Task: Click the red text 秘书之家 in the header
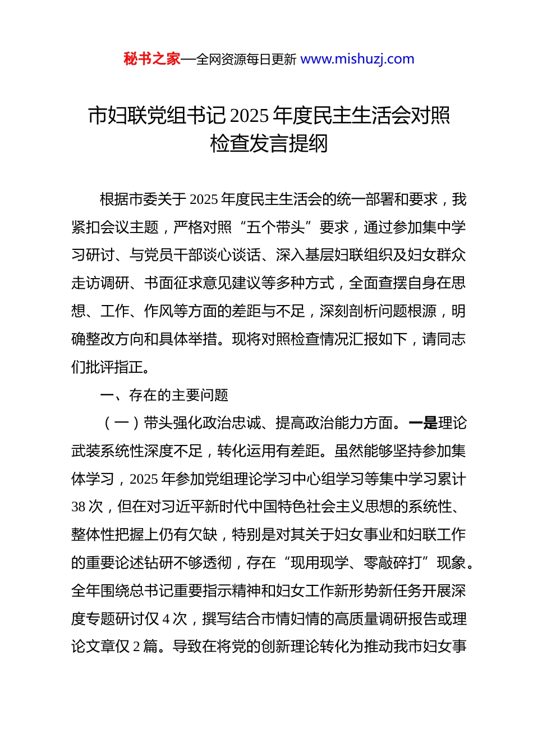152,59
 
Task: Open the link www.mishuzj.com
357,59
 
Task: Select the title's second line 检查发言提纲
269,144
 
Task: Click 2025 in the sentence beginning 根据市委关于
204,199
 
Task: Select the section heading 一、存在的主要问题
164,395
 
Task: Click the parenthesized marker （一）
122,423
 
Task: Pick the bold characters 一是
423,423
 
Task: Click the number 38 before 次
79,507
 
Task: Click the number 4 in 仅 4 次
166,618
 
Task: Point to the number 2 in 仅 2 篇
137,647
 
